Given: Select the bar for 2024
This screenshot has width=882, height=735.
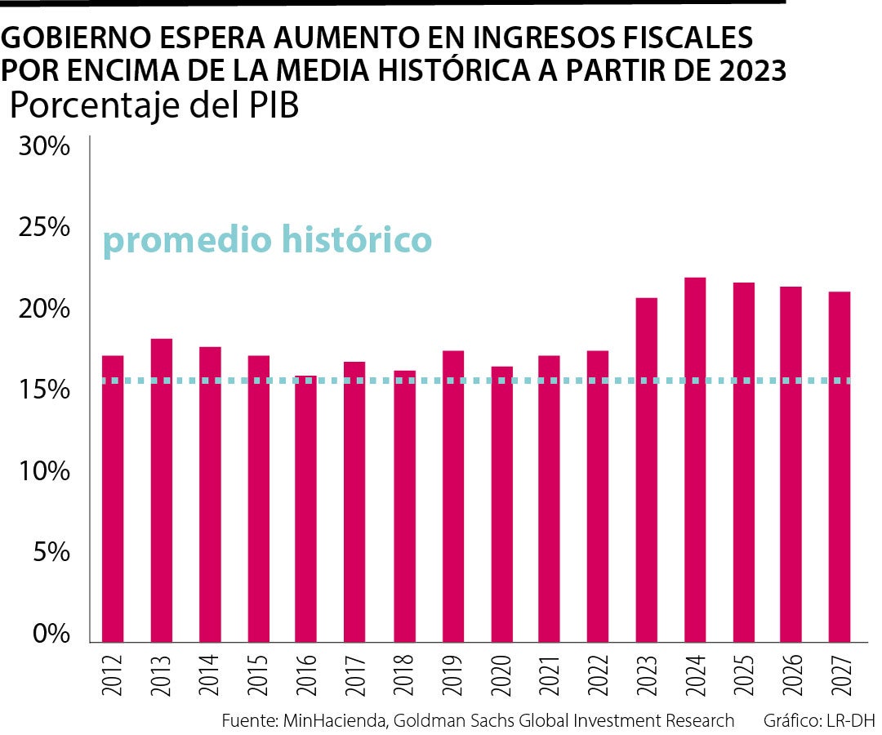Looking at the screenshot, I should (695, 460).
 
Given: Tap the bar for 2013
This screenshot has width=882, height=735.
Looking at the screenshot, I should (161, 490).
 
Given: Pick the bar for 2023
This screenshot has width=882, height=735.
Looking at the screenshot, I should (647, 470).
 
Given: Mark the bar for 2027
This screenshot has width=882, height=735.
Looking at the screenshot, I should (840, 466).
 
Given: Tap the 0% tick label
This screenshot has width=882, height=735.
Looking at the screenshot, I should (49, 635).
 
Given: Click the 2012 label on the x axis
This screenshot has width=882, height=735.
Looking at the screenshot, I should (113, 675).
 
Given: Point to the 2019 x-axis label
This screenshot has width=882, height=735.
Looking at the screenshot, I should (452, 675).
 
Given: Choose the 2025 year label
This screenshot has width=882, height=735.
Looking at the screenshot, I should (743, 675).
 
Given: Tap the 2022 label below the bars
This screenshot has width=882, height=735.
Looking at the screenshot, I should (598, 675).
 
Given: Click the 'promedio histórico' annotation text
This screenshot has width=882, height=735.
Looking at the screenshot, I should (267, 240).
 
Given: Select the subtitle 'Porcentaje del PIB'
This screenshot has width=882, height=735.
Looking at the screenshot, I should (154, 107).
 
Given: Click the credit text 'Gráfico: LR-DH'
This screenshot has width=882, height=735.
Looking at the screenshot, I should (819, 721).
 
